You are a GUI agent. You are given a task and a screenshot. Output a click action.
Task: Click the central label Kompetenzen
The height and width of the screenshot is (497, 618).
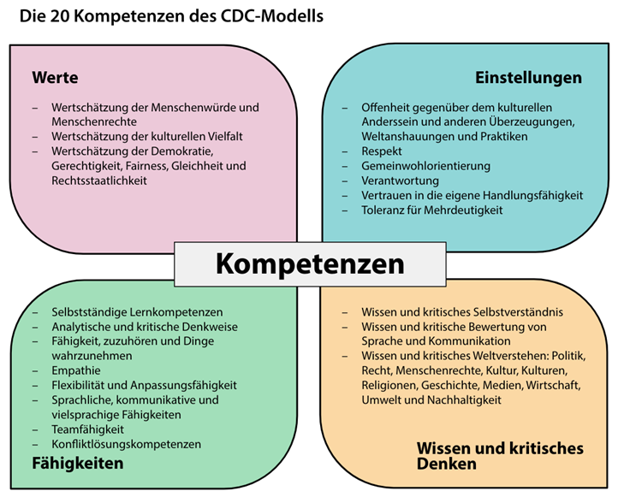310,264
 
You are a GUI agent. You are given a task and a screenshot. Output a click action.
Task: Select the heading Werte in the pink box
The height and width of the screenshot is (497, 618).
55,78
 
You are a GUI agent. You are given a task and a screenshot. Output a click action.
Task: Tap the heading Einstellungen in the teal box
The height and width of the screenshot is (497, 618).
528,78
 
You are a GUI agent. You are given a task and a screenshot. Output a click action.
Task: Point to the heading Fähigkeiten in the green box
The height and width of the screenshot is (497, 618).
78,464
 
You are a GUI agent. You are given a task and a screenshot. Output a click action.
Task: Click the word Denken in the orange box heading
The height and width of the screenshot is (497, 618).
447,464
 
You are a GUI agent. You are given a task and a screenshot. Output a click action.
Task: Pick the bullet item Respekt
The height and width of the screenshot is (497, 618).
382,151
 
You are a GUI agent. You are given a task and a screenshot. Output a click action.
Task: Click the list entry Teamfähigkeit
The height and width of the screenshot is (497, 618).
87,429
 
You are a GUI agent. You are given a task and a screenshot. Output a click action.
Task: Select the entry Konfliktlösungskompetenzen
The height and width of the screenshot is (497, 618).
126,444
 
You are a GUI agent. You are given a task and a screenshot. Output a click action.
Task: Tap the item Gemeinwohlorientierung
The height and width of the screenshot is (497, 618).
426,166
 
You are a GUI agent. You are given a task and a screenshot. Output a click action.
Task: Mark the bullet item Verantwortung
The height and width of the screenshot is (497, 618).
400,180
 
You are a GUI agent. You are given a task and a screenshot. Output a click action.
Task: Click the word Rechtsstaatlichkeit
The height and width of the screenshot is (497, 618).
99,180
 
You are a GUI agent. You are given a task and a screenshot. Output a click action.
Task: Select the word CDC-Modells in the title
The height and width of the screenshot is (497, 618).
272,16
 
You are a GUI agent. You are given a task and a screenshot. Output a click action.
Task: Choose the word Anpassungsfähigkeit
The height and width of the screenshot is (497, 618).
184,385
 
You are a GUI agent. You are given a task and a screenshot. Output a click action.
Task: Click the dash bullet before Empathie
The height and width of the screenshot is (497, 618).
35,371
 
